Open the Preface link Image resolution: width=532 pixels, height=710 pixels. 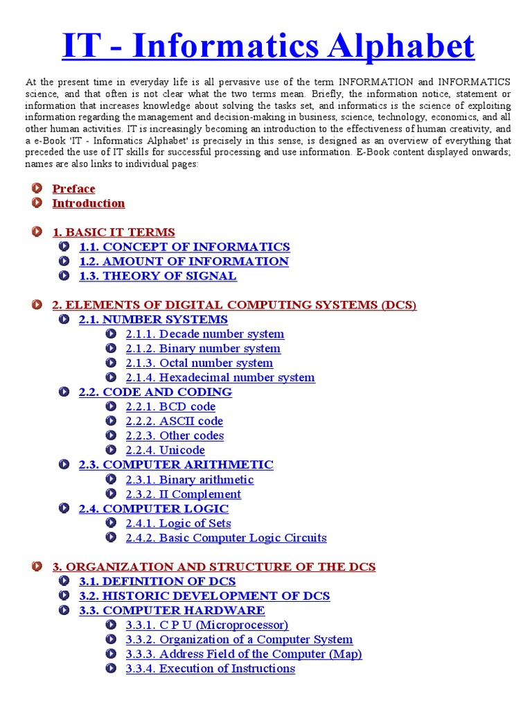(73, 189)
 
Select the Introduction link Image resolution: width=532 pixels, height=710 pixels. (89, 203)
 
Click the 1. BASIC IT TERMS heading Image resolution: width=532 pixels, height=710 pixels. (114, 232)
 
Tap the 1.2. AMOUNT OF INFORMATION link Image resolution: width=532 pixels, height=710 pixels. (184, 261)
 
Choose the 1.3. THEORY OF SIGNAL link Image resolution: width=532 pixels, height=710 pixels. (157, 276)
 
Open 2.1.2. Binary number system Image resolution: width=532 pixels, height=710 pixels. (203, 349)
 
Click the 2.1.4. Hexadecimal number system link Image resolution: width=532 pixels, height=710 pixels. (220, 378)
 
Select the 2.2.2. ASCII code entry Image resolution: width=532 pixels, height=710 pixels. (174, 422)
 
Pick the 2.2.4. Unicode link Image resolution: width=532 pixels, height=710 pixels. (165, 451)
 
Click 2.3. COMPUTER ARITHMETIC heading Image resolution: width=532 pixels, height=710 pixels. (176, 465)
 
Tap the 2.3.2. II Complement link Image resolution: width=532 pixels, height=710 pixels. (183, 494)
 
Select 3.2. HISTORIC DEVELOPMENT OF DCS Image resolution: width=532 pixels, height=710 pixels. (204, 596)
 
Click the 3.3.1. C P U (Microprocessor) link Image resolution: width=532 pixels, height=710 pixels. (206, 625)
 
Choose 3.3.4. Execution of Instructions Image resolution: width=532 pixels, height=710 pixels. (210, 669)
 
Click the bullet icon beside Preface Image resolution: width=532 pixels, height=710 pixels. (37, 188)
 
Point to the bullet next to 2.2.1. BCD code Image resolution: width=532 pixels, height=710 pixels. (111, 406)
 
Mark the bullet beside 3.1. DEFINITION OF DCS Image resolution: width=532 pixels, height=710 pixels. (64, 581)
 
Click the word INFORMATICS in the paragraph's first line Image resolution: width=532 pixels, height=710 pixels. (473, 82)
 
